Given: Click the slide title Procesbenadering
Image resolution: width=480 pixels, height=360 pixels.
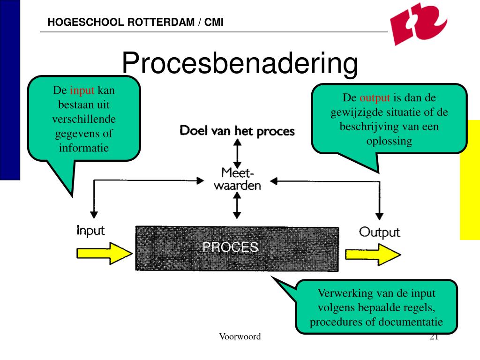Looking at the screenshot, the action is (240, 63).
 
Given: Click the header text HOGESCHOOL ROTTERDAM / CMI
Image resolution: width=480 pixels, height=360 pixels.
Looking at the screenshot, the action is (135, 22).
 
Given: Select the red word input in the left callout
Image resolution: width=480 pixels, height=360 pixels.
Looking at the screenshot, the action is (82, 90).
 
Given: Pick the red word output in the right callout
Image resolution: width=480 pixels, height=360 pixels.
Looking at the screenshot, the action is (375, 98).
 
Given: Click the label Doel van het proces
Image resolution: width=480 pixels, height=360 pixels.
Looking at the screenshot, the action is (237, 131).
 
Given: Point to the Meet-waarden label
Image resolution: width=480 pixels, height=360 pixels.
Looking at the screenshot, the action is (237, 179).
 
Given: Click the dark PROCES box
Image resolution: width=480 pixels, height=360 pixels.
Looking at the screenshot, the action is (237, 248).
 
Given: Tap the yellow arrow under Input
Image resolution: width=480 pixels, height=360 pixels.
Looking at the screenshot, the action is (105, 254).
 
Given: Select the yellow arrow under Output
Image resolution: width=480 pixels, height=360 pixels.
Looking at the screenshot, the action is (373, 255).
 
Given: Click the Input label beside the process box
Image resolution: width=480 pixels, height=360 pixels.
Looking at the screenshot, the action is (90, 231).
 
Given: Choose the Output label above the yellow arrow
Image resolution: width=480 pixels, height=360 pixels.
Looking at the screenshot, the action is (379, 232).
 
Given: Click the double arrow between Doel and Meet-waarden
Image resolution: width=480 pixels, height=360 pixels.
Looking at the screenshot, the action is (237, 153).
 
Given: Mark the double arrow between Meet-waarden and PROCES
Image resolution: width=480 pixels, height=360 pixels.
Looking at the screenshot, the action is (237, 205).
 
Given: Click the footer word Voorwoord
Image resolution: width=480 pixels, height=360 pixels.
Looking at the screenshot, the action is (240, 337).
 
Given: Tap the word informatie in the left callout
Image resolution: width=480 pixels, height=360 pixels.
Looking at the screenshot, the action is (84, 148).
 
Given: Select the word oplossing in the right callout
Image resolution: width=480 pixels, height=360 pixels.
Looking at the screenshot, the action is (389, 141).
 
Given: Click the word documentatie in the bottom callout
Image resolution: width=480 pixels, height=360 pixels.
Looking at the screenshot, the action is (410, 322).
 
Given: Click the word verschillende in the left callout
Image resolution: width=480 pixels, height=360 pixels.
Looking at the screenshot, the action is (84, 119).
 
